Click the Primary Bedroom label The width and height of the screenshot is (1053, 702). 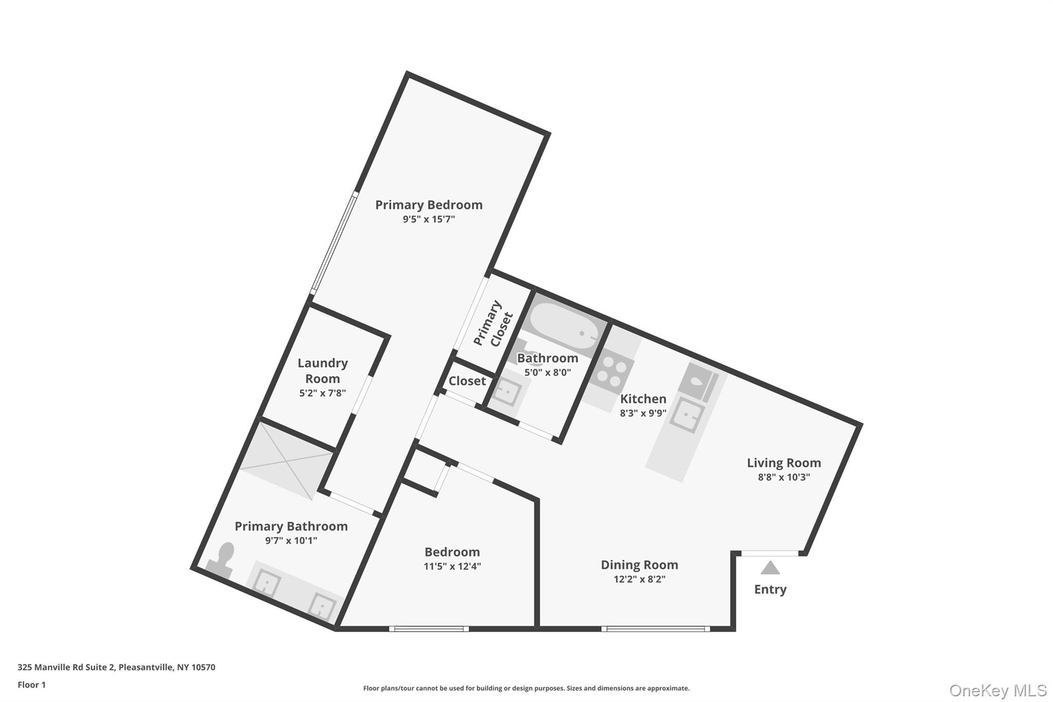pyautogui.click(x=428, y=205)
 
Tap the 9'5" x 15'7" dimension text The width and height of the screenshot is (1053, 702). pyautogui.click(x=428, y=219)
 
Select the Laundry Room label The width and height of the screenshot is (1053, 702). pyautogui.click(x=322, y=371)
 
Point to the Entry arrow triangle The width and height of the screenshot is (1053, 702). pyautogui.click(x=770, y=568)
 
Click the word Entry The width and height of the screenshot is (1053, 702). pyautogui.click(x=770, y=589)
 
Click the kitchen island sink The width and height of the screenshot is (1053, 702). pyautogui.click(x=687, y=415)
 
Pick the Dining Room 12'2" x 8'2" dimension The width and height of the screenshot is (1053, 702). pyautogui.click(x=639, y=579)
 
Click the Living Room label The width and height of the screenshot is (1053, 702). pyautogui.click(x=783, y=463)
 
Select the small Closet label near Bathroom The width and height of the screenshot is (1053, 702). pyautogui.click(x=467, y=381)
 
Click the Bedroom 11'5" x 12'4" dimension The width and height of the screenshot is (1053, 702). pyautogui.click(x=452, y=566)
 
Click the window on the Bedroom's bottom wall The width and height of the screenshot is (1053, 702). pyautogui.click(x=429, y=628)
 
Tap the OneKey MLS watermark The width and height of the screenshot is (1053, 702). pyautogui.click(x=997, y=690)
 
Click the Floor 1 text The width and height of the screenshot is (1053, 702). pyautogui.click(x=31, y=685)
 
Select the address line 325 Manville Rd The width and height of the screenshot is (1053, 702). pyautogui.click(x=116, y=667)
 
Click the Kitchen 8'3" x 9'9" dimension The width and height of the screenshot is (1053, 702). pyautogui.click(x=643, y=413)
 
